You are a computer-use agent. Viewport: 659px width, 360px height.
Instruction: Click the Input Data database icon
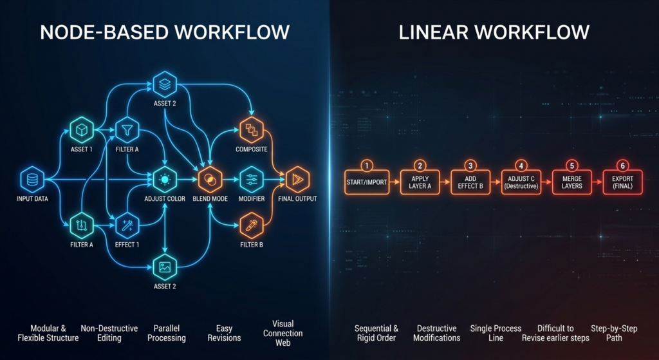tap(31, 178)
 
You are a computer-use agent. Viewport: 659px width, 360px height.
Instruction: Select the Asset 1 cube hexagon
tap(82, 129)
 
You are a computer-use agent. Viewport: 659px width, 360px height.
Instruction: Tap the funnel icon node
tap(127, 130)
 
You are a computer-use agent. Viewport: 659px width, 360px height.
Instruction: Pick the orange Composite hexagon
tap(252, 130)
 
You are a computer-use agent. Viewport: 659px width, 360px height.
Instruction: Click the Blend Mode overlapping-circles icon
tap(209, 178)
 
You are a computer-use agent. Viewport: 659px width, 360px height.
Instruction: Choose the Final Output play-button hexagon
tap(297, 178)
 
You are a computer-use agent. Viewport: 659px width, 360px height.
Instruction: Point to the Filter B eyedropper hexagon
tap(252, 225)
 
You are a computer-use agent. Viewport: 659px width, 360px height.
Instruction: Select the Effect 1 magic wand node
tap(127, 225)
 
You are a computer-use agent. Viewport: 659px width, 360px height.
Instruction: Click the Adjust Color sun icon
tap(165, 178)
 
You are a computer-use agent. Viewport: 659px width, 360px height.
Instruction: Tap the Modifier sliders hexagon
tap(252, 178)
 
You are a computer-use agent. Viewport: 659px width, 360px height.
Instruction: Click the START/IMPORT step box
tap(366, 182)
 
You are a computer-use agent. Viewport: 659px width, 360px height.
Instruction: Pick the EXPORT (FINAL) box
tap(622, 182)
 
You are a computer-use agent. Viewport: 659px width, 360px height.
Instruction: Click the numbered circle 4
tap(521, 166)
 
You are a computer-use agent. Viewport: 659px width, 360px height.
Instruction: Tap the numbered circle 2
tap(420, 166)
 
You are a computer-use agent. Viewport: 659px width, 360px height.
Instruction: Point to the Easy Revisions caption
tap(224, 333)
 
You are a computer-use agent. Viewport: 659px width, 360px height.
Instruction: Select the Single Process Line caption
tap(496, 333)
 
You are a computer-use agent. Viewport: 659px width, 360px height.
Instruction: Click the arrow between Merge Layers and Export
tap(597, 182)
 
